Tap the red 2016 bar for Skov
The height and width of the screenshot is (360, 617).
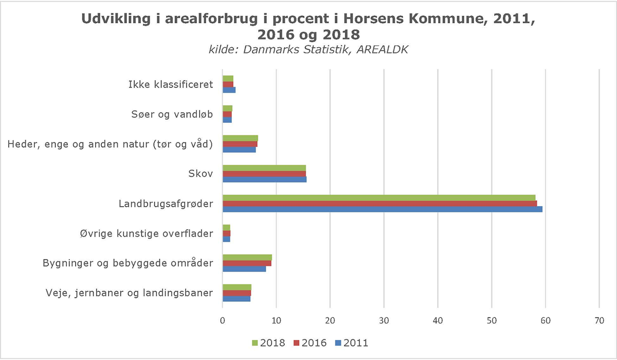coord(264,174)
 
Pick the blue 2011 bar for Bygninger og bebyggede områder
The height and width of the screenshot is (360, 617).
coord(244,269)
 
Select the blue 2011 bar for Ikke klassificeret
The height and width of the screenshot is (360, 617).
coord(228,90)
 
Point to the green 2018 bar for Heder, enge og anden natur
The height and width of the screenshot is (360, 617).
coord(240,138)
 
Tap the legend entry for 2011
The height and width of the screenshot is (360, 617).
coord(352,343)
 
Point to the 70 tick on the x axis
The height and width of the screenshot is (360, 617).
coord(600,320)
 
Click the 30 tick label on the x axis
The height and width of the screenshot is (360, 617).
coord(384,320)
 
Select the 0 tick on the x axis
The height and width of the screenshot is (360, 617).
coord(222,320)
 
